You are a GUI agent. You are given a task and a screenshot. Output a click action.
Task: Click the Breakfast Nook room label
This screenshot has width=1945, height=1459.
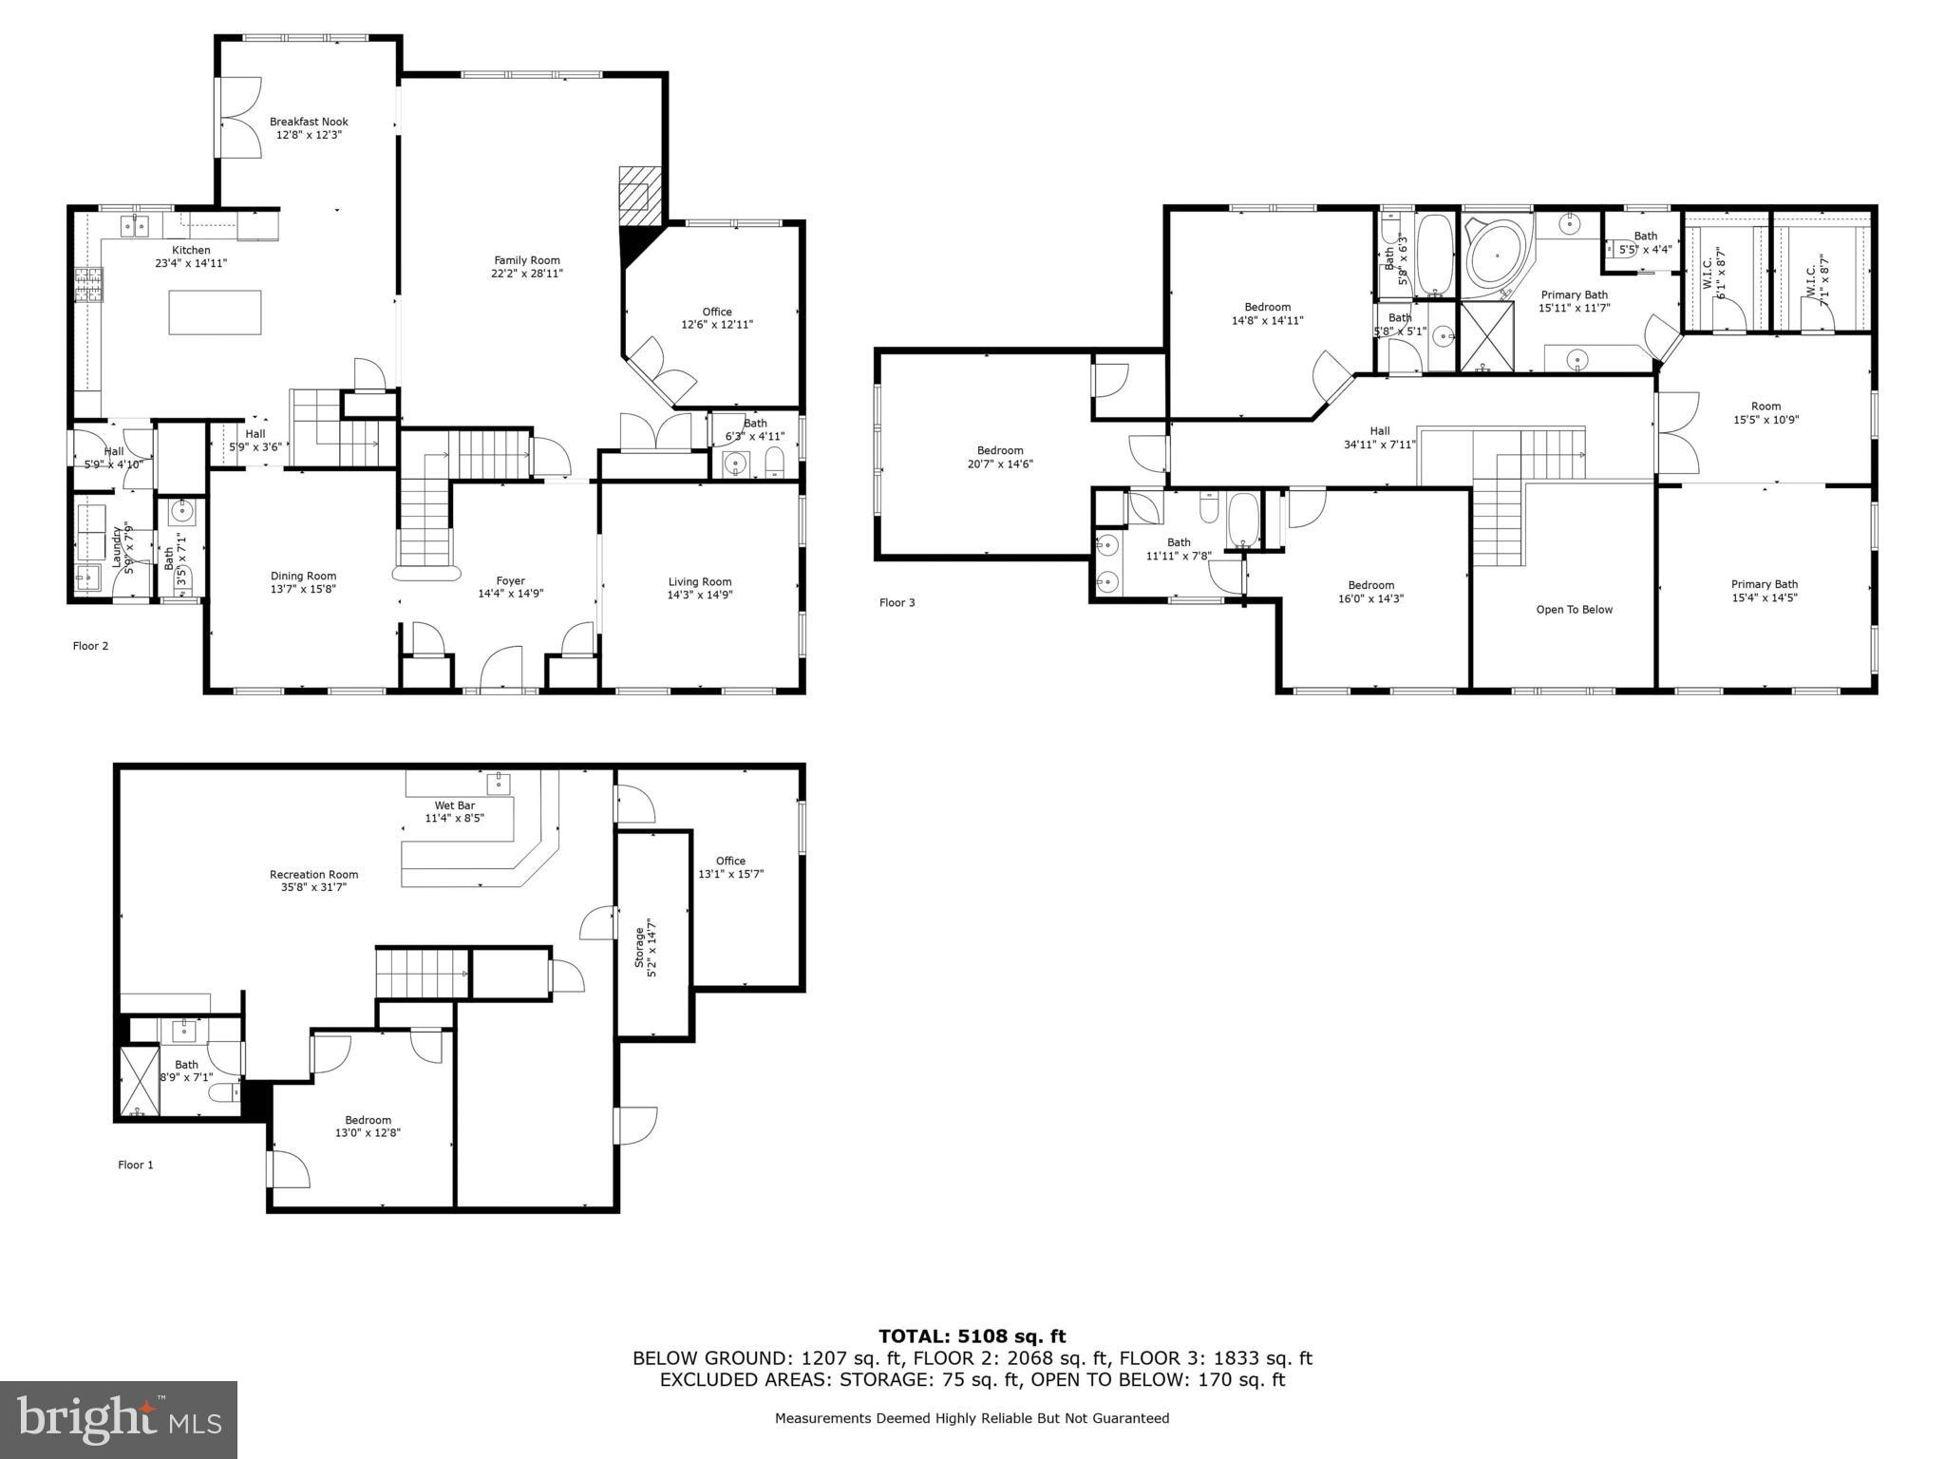pos(309,122)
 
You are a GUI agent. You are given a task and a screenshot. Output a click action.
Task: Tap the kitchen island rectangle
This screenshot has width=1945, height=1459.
pos(215,313)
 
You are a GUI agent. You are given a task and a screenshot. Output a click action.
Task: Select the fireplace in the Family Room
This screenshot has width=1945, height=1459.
pos(634,196)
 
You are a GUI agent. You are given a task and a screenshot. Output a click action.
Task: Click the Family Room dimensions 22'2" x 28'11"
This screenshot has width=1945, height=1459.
pos(527,274)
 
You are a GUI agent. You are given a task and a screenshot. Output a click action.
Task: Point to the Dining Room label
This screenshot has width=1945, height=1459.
pos(303,576)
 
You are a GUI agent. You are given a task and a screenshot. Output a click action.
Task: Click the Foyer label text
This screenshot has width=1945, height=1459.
pos(510,580)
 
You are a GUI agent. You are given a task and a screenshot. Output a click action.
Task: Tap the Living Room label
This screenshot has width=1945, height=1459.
pos(699,581)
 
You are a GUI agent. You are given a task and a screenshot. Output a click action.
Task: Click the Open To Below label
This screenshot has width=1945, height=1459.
pos(1574,610)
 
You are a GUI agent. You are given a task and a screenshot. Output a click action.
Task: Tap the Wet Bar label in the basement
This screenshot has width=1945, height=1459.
pos(454,805)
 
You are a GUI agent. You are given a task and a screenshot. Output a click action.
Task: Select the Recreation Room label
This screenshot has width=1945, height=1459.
pos(313,874)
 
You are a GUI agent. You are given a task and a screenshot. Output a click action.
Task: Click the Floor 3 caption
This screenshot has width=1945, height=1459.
pos(897,602)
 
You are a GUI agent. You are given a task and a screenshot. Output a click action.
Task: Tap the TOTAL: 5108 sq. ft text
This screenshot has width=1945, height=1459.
pos(972,1336)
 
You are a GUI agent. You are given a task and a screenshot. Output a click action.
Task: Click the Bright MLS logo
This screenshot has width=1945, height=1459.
pos(119,1419)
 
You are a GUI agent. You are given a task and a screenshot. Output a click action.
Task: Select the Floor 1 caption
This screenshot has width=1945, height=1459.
pos(135,1165)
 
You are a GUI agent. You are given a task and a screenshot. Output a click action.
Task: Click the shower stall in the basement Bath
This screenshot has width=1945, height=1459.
pos(139,1081)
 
